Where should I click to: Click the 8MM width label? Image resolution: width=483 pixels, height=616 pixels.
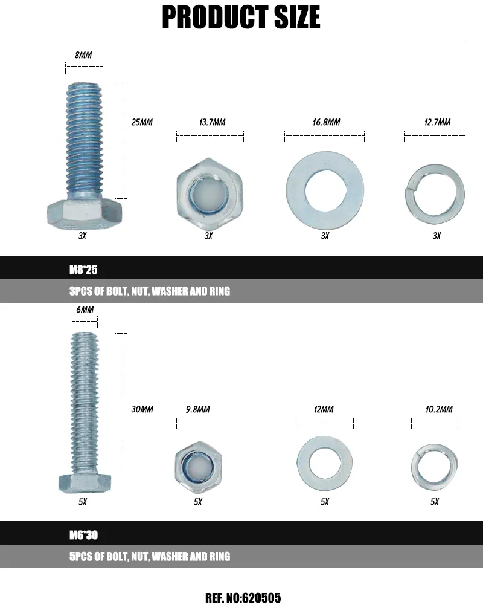coord(83,55)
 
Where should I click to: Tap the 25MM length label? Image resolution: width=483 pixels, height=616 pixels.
coord(142,122)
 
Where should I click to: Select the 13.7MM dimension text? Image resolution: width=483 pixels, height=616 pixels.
coord(213,122)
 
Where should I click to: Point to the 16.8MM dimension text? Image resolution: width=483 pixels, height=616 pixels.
coord(326,122)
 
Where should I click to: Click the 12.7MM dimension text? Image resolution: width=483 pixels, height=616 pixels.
coord(437,122)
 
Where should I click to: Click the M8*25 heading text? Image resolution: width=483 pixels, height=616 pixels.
coord(83,270)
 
